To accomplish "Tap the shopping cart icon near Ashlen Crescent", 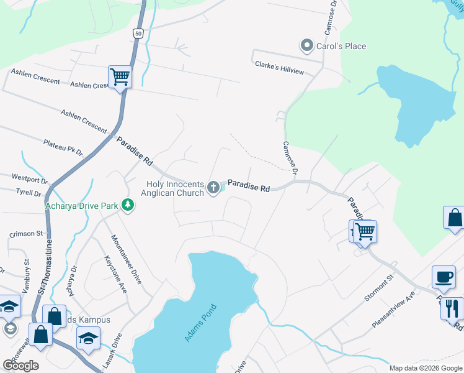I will coord(120,78).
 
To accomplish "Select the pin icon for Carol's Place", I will coord(306,45).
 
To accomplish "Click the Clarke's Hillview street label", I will coord(279,67).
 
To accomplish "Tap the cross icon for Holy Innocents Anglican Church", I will coord(213,187).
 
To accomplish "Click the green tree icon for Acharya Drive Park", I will coord(128,205).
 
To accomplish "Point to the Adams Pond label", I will coord(200,322).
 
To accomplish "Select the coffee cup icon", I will coord(444,277).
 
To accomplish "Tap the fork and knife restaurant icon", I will coord(452,308).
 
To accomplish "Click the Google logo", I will coord(20,366).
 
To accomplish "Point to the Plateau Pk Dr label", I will coord(63,147).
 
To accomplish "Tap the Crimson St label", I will coord(26,234).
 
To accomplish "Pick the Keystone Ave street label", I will coord(116,275).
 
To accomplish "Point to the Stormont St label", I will coord(380,288).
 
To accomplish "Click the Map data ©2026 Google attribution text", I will coord(425,368).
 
